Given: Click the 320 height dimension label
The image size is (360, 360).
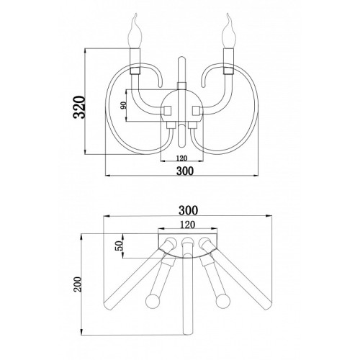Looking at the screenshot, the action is click(x=79, y=107).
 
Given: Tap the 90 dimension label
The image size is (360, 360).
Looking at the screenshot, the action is click(x=123, y=105).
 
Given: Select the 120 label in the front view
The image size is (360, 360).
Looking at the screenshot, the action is click(x=181, y=158).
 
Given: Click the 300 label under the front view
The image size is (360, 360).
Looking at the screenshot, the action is click(x=185, y=171).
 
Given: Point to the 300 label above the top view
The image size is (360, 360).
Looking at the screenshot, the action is click(x=188, y=210).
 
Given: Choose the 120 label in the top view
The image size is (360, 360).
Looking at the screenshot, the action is click(x=187, y=225).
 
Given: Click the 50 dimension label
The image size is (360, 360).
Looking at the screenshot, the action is click(x=120, y=246).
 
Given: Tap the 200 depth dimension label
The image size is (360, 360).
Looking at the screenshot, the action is click(x=78, y=284).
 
